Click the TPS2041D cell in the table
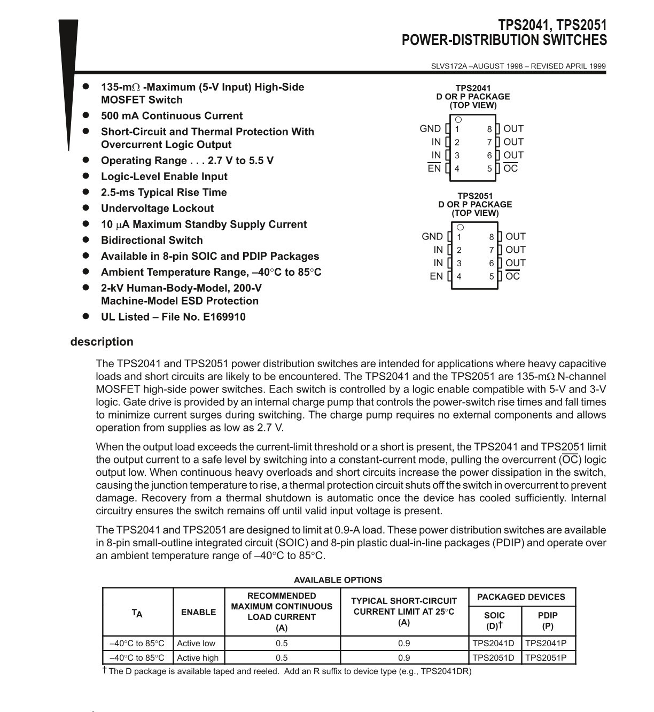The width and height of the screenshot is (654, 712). [x=494, y=643]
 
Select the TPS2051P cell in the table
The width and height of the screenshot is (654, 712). [x=546, y=657]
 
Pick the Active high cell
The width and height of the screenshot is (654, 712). [x=198, y=657]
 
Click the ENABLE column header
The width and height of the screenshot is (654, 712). [x=198, y=612]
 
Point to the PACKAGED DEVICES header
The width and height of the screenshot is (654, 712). [x=521, y=597]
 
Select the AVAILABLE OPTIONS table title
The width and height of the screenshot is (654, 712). [x=338, y=580]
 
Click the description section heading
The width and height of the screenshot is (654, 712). [x=102, y=342]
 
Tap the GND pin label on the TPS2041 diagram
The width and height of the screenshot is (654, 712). [x=430, y=129]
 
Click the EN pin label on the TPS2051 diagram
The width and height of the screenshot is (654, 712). [x=436, y=276]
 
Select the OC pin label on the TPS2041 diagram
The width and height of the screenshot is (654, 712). [x=511, y=168]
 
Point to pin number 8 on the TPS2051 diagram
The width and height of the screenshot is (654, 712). [x=492, y=237]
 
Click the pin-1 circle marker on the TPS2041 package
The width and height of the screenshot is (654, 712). [x=458, y=120]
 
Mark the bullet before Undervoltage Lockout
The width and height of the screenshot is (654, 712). [x=85, y=208]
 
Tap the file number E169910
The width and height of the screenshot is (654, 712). [x=224, y=317]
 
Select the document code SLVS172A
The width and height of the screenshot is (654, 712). [x=449, y=66]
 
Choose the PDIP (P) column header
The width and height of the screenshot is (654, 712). [x=548, y=621]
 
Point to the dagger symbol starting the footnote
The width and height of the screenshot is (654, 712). [x=105, y=670]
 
